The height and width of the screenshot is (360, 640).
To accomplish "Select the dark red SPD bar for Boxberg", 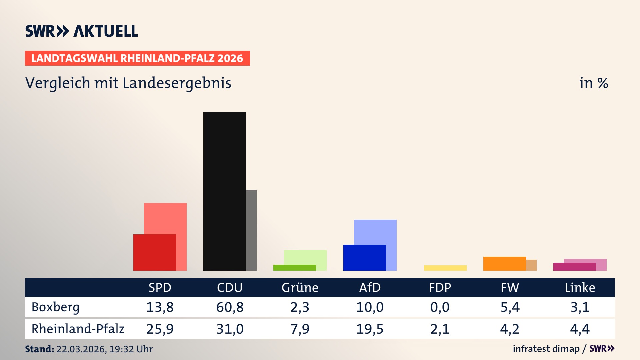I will click(154, 252).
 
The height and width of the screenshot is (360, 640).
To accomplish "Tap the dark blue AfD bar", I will click(364, 258).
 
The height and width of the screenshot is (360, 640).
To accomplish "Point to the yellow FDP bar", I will click(445, 268).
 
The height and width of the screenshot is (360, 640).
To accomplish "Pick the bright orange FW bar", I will click(504, 264).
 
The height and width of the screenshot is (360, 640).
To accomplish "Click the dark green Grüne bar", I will click(294, 268).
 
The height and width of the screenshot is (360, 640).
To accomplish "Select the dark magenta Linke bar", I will click(574, 267).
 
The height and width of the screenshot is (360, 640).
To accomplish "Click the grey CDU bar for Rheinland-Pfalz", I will click(251, 230).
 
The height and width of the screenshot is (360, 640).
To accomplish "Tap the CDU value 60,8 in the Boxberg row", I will click(230, 307).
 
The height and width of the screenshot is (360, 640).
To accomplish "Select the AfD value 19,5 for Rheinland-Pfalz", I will click(370, 329).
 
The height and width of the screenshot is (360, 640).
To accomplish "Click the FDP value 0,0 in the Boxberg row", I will click(440, 307).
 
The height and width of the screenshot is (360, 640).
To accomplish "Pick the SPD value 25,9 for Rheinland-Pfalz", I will click(160, 329).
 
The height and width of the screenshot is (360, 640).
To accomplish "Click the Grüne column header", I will click(300, 288).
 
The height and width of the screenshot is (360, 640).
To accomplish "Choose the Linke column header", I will click(580, 288).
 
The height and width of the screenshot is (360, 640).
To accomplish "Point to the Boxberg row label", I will click(55, 307).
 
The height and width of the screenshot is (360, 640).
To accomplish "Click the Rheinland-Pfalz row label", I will click(78, 329).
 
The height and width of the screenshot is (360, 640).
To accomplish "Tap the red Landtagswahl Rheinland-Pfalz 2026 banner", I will click(137, 58).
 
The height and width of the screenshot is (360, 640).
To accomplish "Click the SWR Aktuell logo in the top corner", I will click(82, 31).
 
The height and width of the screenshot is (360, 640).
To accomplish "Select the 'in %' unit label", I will click(594, 83).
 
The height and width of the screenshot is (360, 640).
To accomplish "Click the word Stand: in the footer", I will click(39, 349).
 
